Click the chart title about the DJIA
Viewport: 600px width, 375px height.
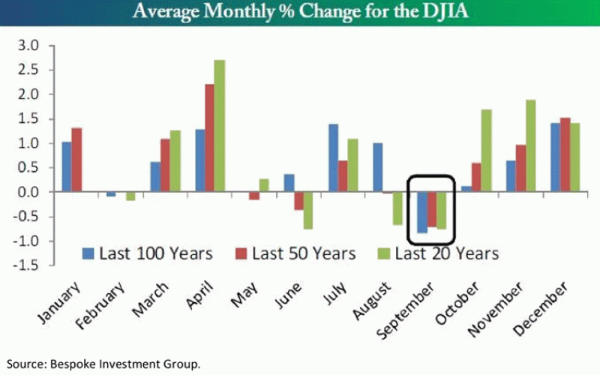pyautogui.click(x=300, y=13)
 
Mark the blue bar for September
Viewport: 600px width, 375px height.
pyautogui.click(x=421, y=212)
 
